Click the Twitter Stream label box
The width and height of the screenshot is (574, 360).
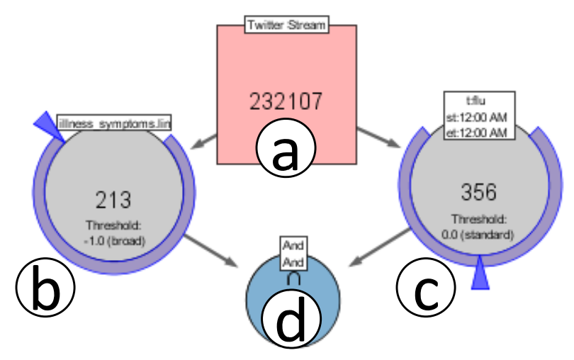click(x=286, y=26)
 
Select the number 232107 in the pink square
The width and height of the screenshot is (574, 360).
click(x=286, y=101)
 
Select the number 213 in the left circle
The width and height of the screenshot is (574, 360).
click(x=113, y=200)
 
